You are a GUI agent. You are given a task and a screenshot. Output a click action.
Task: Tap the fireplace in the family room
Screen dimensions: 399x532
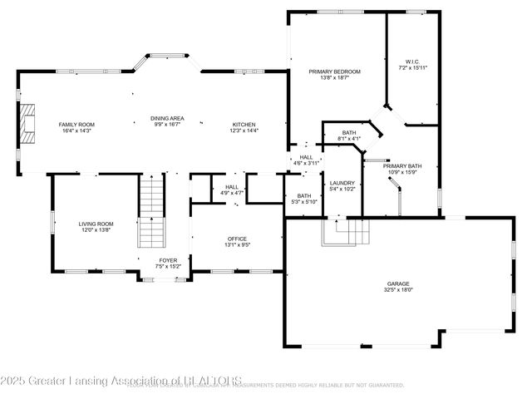[29, 124]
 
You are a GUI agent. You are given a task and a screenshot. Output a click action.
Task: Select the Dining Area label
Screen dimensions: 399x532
[166, 118]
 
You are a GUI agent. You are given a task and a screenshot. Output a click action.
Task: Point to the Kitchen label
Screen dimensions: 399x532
[244, 125]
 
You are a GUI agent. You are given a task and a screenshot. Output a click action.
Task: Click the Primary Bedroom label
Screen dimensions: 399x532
[334, 71]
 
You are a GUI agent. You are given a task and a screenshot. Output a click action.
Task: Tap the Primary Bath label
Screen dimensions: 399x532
[402, 166]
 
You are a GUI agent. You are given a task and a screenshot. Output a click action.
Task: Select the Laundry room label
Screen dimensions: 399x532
[342, 183]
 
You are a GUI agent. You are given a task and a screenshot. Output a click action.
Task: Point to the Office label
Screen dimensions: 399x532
[238, 239]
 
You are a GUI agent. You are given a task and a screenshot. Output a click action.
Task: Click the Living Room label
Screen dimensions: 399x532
[96, 224]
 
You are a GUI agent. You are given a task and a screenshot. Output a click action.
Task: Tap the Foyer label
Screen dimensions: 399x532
[168, 261]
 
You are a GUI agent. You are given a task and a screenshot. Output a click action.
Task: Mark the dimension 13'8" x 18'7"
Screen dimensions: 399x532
[334, 78]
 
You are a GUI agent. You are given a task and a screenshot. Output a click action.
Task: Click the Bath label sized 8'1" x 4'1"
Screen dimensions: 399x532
[348, 133]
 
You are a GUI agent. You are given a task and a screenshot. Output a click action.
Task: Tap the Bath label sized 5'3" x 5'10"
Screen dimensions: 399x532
[303, 195]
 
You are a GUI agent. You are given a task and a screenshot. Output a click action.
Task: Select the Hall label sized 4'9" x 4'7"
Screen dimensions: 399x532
[232, 187]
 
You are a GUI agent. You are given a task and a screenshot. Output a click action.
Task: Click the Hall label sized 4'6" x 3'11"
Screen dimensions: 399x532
[306, 157]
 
